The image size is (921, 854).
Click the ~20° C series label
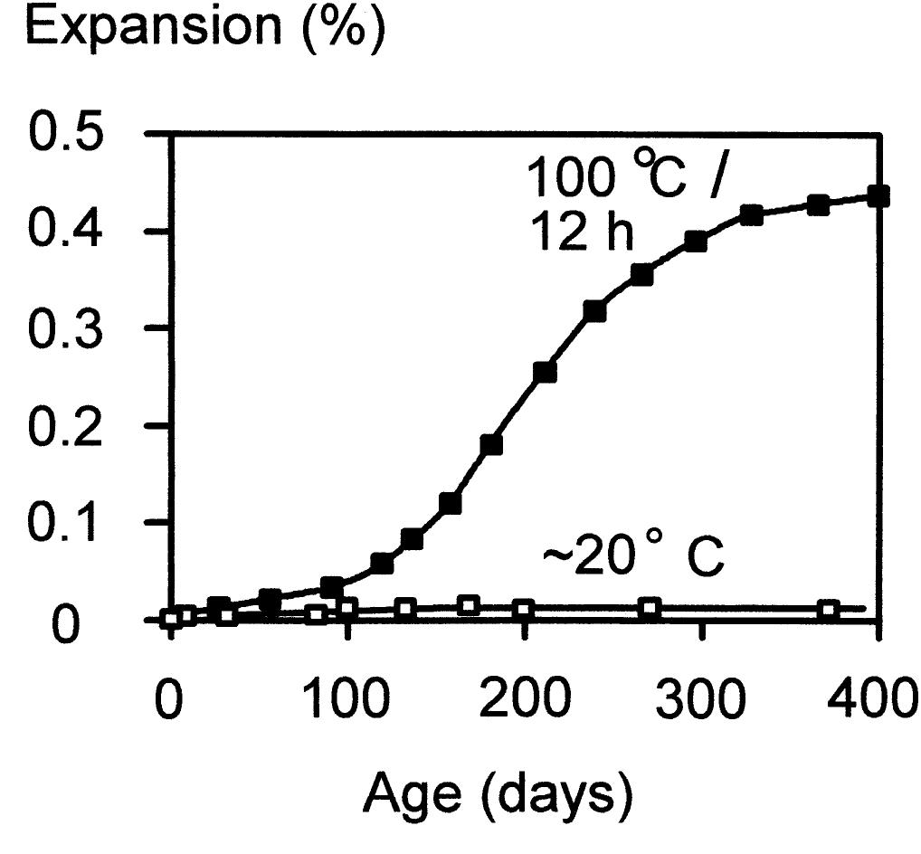tap(632, 559)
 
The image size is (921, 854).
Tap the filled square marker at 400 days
tap(878, 196)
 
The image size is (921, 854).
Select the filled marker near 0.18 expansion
tap(491, 444)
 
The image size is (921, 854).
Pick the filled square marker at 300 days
tap(696, 242)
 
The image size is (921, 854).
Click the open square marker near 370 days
tap(828, 609)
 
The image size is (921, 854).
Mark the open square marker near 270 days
tap(649, 607)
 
